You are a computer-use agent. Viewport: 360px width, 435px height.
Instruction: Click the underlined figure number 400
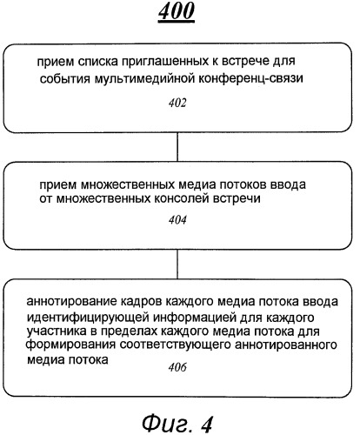pyautogui.click(x=177, y=11)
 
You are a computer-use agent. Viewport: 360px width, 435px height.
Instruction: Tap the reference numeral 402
pyautogui.click(x=177, y=103)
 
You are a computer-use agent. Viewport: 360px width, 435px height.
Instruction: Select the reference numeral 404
pyautogui.click(x=177, y=220)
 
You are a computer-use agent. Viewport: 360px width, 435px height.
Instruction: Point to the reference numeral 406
pyautogui.click(x=177, y=367)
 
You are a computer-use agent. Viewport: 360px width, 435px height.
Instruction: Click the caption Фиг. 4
pyautogui.click(x=177, y=424)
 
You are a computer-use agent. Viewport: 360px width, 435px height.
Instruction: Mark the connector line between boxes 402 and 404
pyautogui.click(x=177, y=147)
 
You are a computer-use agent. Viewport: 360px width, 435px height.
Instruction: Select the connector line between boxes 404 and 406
pyautogui.click(x=177, y=264)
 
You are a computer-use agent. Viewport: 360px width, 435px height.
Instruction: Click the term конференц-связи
pyautogui.click(x=250, y=78)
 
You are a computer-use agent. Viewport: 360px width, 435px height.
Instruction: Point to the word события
pyautogui.click(x=65, y=79)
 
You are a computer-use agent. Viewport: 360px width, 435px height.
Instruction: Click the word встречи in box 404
pyautogui.click(x=237, y=199)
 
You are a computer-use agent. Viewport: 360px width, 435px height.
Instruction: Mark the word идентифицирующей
pyautogui.click(x=88, y=318)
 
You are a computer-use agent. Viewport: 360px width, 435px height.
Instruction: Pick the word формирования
pyautogui.click(x=70, y=345)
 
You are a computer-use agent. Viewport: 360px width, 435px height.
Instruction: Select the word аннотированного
pyautogui.click(x=286, y=345)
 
